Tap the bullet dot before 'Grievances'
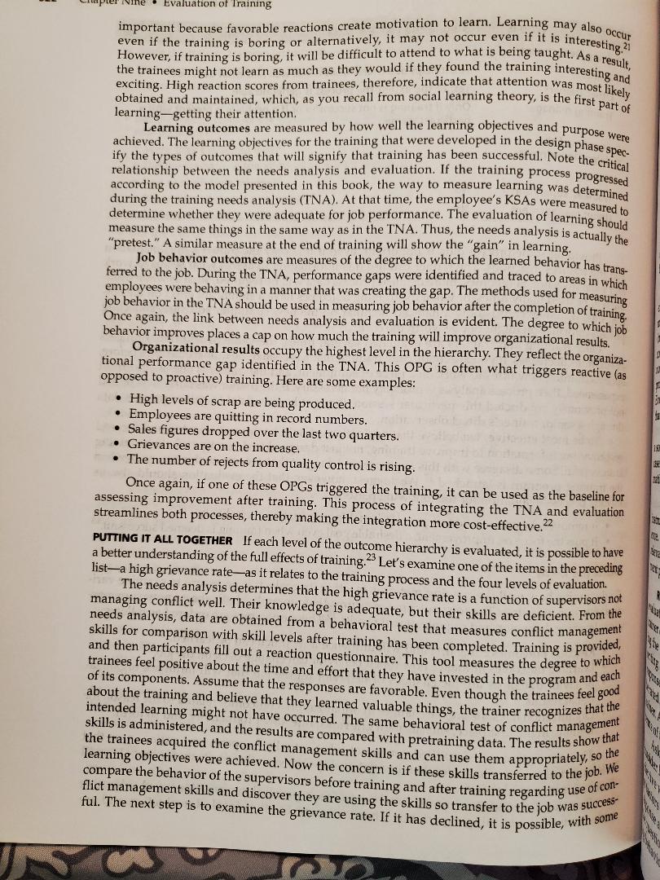(x=120, y=448)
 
